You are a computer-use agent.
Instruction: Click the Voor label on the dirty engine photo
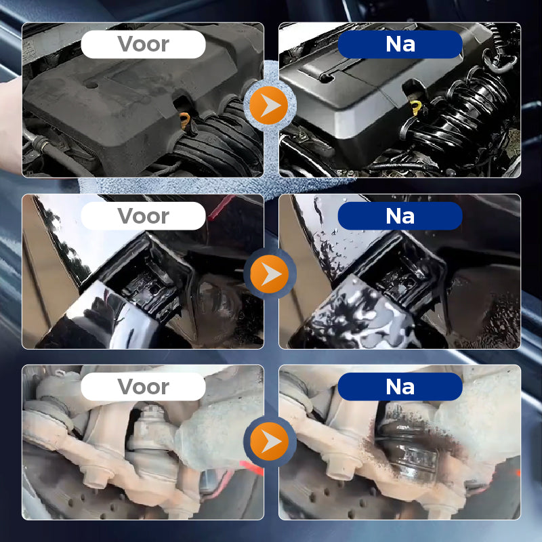[143, 44]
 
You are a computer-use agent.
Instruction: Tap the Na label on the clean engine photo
[400, 44]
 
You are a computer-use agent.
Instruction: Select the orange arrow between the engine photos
[269, 106]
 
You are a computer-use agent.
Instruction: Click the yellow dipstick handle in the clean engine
[416, 108]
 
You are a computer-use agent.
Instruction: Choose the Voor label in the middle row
[143, 216]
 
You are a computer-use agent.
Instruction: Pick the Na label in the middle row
[400, 216]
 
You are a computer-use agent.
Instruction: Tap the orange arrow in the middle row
[269, 274]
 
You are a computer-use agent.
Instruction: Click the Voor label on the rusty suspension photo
[143, 387]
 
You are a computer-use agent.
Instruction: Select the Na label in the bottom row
[400, 387]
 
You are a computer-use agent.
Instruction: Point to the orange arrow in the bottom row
[269, 442]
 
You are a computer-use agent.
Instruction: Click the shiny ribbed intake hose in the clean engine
[460, 114]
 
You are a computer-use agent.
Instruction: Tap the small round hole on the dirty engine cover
[92, 84]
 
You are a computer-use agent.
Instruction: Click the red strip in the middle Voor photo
[222, 207]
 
